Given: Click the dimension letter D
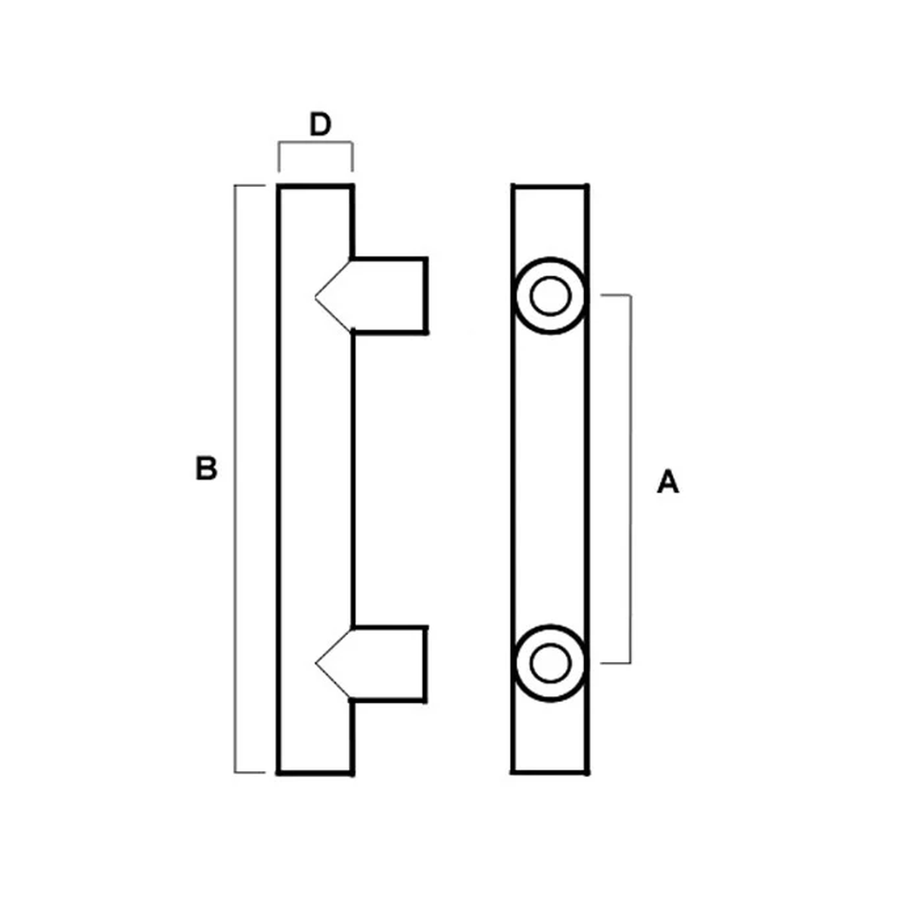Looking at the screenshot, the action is click(320, 124).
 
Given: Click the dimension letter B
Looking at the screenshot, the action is click(206, 468).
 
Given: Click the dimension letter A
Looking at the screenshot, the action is click(667, 481).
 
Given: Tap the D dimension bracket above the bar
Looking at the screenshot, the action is click(316, 142).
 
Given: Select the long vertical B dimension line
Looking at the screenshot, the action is click(235, 479).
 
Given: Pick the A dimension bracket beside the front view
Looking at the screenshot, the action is click(630, 479).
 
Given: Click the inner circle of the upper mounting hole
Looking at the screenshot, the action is click(550, 295).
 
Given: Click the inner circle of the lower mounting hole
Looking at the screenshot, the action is click(550, 662).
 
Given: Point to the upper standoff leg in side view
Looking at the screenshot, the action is click(389, 295).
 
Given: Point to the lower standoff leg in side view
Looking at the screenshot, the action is click(389, 664).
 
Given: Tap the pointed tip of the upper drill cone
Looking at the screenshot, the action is click(316, 297).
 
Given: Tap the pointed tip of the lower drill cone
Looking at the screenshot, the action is click(316, 664).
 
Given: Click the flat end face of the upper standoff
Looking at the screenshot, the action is click(425, 295).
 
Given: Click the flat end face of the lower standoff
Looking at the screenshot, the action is click(425, 664).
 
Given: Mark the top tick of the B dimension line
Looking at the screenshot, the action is click(250, 186).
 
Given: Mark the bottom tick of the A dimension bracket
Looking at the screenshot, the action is click(615, 663).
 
